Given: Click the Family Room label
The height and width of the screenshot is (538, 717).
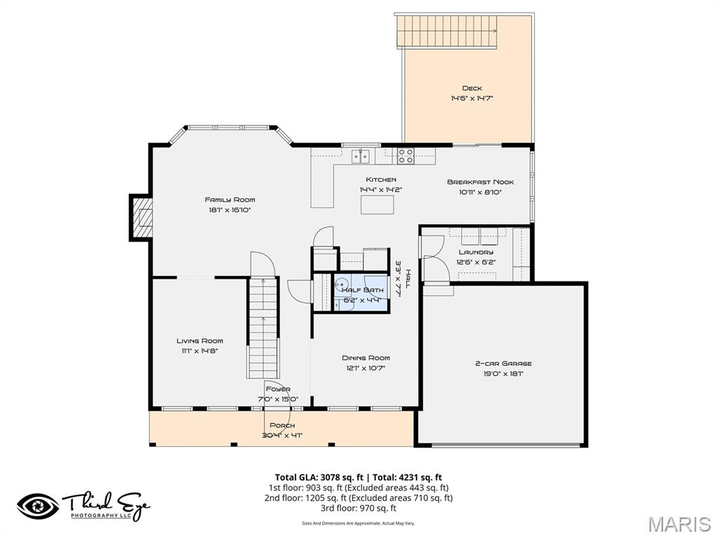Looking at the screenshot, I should (230, 200).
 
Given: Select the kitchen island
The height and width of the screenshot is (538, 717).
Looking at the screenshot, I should (377, 204).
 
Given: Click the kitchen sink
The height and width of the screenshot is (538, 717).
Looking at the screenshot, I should (361, 154).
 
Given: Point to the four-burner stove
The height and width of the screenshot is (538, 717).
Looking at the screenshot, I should (406, 155).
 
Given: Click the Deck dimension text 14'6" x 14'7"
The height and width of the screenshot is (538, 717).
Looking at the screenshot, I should (472, 99).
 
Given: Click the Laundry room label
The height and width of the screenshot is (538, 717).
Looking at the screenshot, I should (476, 252).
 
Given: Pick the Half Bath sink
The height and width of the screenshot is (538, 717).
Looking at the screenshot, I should (341, 287).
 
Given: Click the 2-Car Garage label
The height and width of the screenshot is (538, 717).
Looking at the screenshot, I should (503, 364).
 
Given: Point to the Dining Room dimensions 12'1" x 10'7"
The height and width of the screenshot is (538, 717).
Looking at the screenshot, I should (366, 368).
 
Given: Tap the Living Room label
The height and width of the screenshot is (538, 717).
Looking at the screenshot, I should (200, 341).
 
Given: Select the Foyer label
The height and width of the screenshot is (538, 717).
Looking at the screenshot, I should (277, 389).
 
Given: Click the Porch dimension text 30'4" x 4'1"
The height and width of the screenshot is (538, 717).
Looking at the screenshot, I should (282, 435).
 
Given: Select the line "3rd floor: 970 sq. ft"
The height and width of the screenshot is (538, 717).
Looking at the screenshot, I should (358, 508).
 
